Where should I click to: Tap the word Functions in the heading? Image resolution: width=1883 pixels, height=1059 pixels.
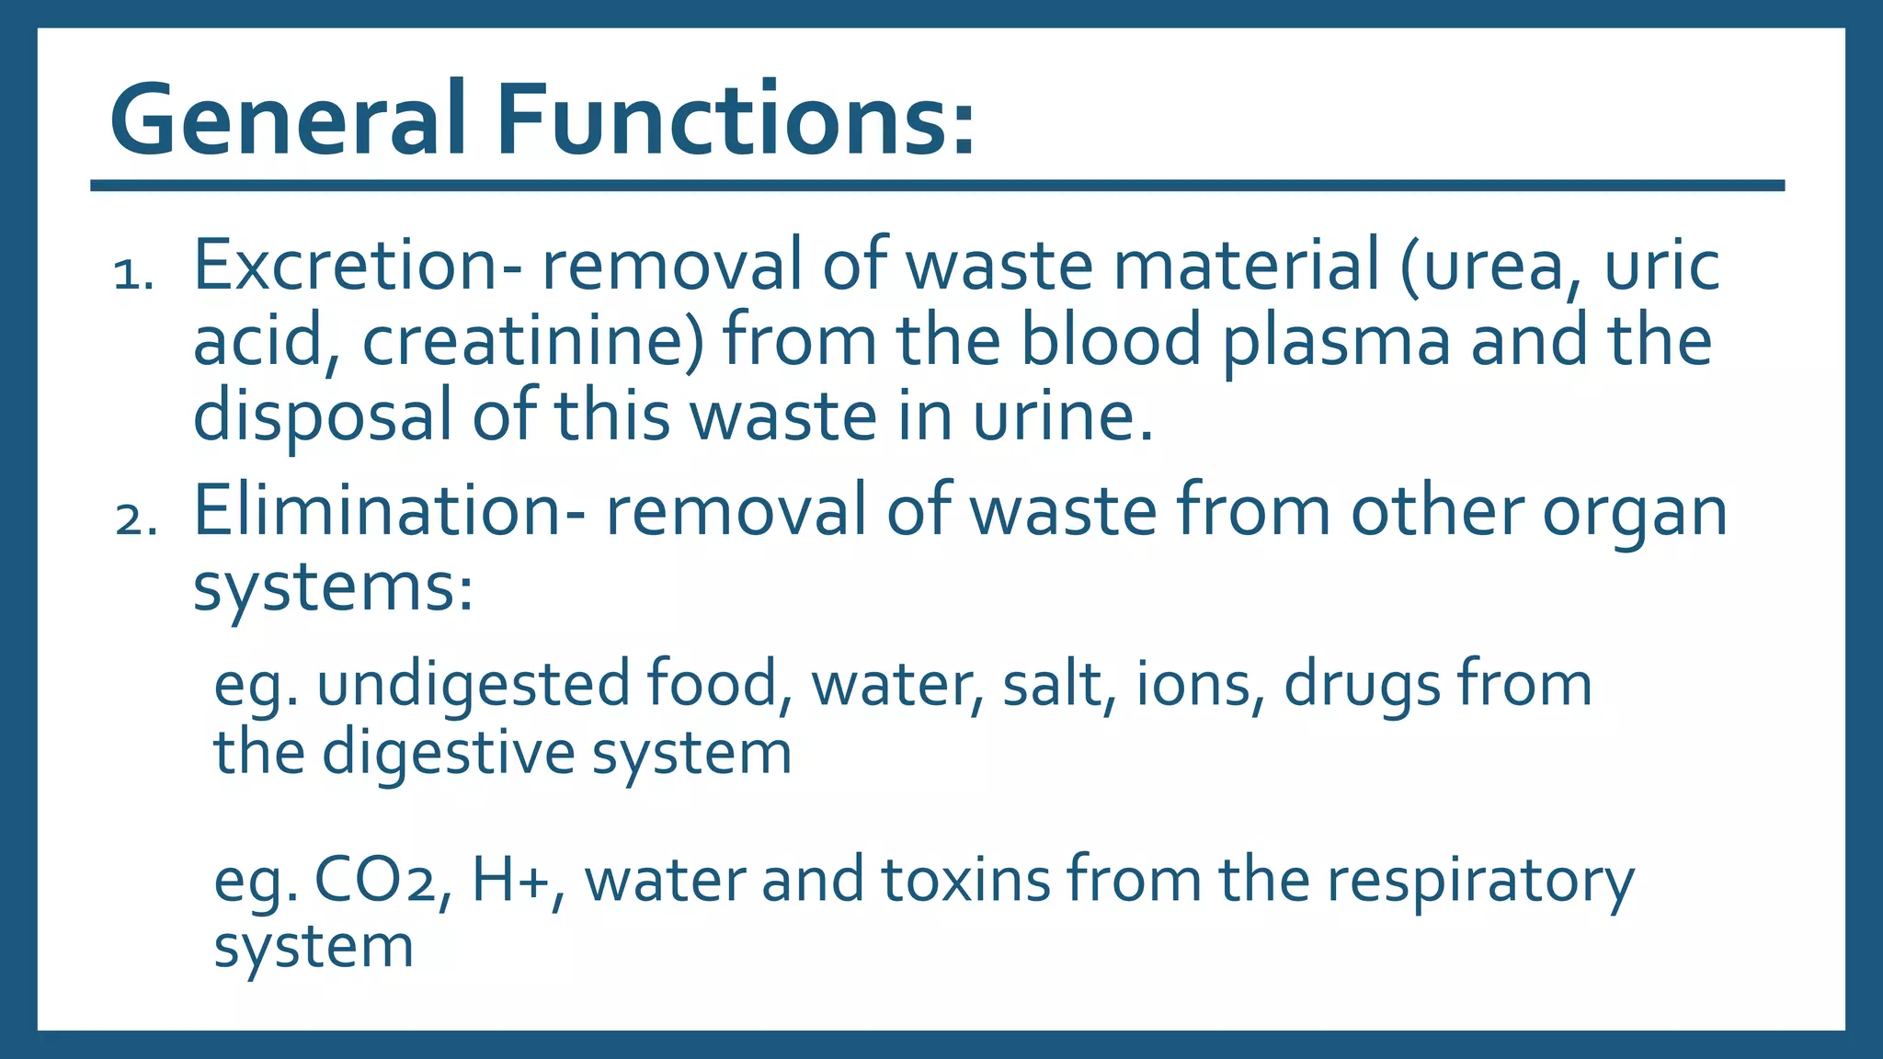point(735,120)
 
